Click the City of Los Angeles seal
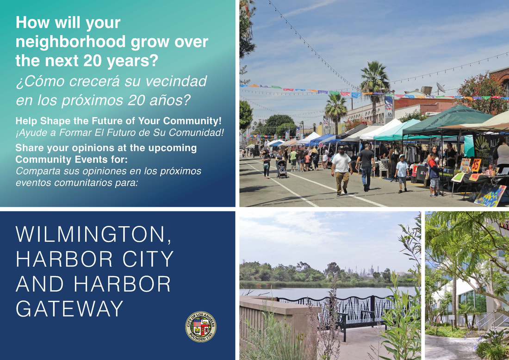pos(201,327)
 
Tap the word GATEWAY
pos(69,309)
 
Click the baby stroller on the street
pos(282,169)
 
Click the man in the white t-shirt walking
pos(341,170)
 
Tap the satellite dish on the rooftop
pos(441,87)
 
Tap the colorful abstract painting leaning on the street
pos(490,195)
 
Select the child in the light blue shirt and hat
pos(402,173)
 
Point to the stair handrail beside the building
pos(490,320)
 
